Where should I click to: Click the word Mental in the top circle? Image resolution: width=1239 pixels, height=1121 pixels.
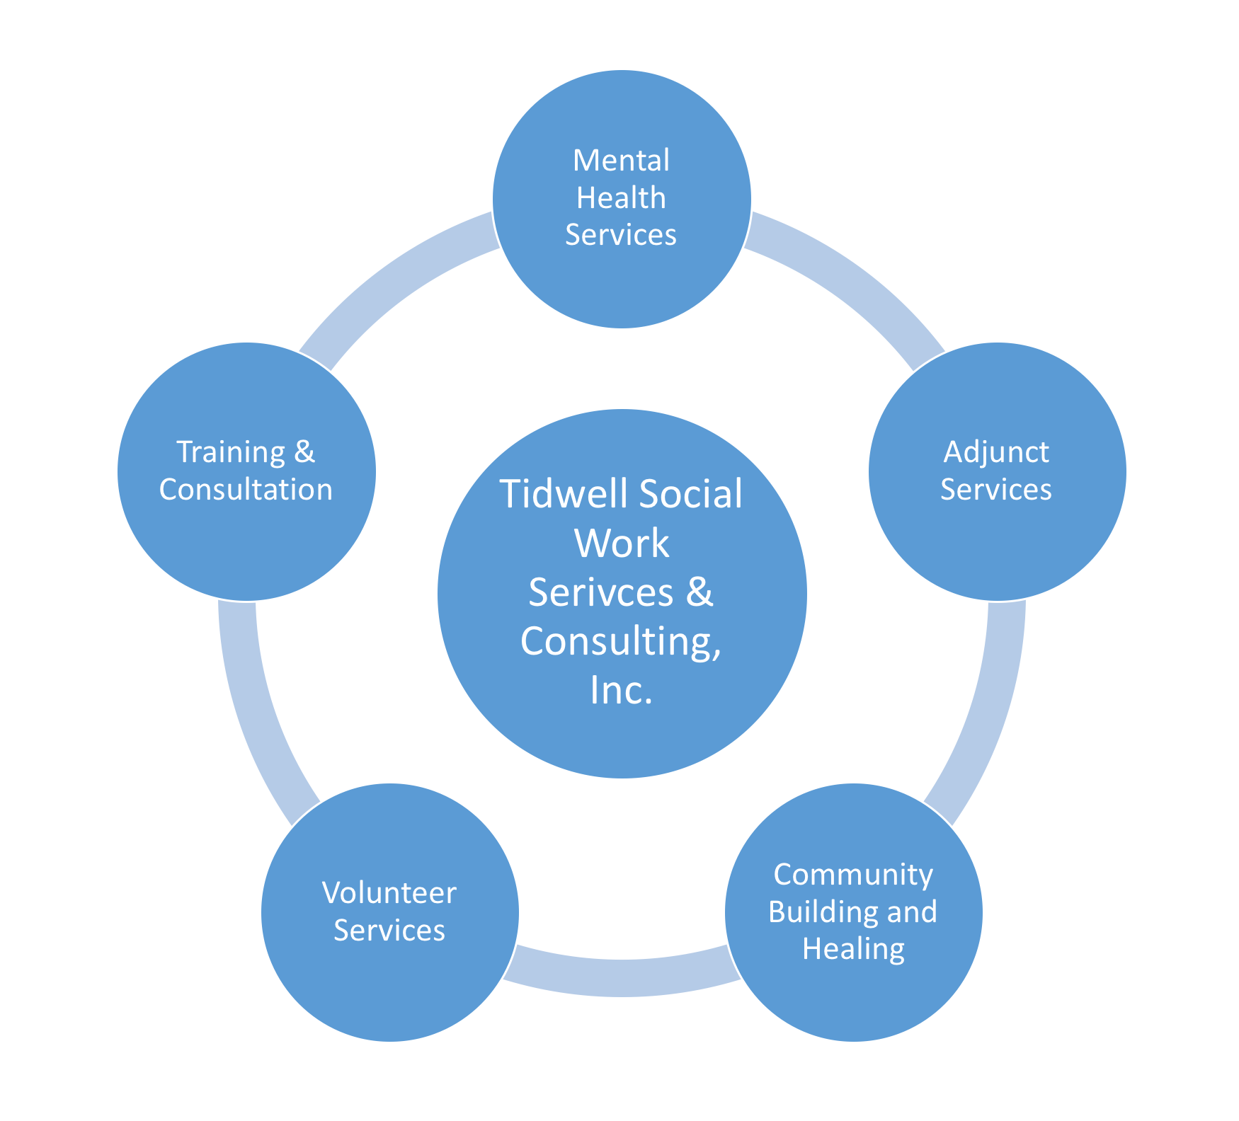[621, 161]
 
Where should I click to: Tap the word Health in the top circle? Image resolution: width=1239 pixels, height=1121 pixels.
[621, 198]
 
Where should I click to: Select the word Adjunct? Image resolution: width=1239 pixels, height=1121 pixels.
[996, 452]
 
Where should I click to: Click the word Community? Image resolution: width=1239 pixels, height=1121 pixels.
[853, 875]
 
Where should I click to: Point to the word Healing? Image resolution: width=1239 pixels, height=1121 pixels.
[853, 949]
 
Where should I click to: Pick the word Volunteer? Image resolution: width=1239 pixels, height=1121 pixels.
[389, 893]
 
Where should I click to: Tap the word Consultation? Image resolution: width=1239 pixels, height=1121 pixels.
[246, 490]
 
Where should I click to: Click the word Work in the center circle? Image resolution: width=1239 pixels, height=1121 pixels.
[622, 543]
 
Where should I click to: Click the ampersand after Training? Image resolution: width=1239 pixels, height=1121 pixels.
[304, 452]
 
